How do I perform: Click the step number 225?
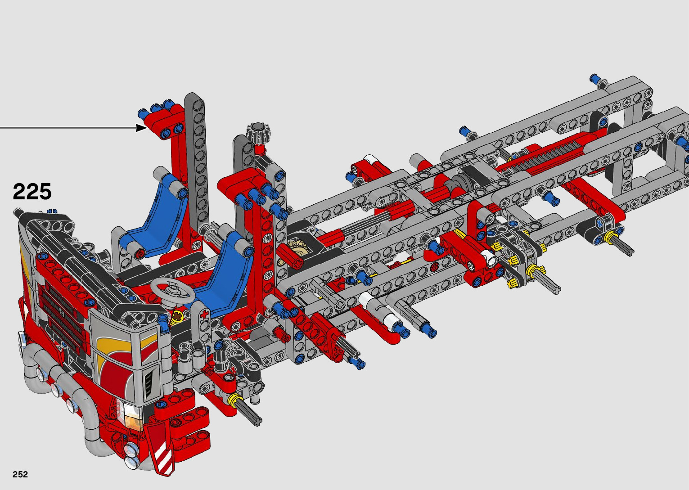(32, 191)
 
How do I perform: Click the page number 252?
(20, 474)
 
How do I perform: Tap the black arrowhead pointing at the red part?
(141, 127)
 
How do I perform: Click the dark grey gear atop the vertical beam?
(258, 133)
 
